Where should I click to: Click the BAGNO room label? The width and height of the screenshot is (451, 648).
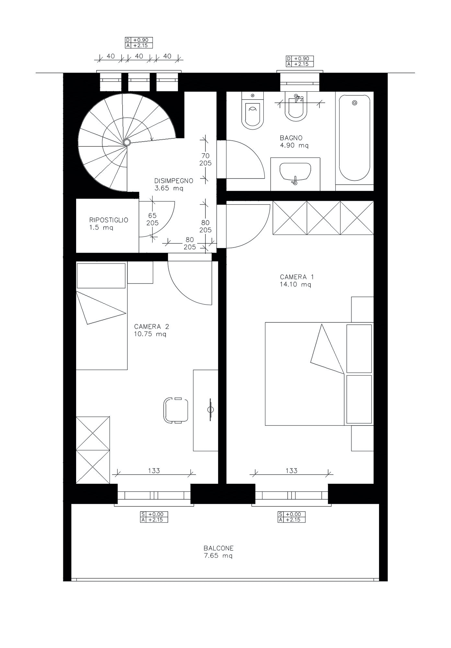pos(291,138)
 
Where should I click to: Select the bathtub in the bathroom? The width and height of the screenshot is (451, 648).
pos(354,138)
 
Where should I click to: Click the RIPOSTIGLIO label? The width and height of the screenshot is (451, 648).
pos(109,220)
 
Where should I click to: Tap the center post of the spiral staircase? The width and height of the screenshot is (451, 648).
pos(127,142)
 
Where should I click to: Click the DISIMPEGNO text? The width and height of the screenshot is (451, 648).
pos(174,181)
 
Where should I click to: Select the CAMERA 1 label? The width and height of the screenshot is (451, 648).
pos(297,277)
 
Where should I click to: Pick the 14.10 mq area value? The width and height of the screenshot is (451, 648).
pos(295,284)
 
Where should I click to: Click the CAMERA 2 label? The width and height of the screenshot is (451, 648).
pos(152,327)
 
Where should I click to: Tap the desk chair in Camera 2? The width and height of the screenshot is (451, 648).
pos(176,410)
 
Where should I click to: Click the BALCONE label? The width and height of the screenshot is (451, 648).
pos(219,548)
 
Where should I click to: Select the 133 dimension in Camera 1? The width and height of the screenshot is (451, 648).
pos(292,470)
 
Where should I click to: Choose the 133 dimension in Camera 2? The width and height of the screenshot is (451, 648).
pos(154,470)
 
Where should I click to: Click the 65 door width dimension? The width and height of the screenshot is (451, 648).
pos(152,215)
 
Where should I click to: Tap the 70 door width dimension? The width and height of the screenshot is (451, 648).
pos(205,156)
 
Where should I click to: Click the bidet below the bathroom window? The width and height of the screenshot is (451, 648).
pos(295,107)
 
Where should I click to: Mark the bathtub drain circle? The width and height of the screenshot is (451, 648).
pos(354,103)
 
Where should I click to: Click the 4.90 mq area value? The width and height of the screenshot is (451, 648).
pos(294,145)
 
